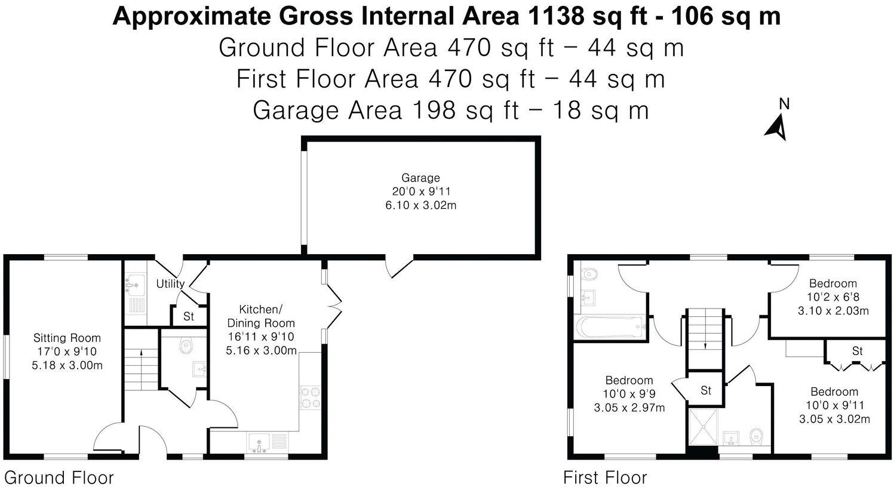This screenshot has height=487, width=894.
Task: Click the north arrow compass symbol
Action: (778, 126)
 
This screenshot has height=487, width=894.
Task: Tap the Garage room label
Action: (420, 178)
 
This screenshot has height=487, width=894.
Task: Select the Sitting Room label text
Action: (67, 338)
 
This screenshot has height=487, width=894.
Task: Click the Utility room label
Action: (170, 284)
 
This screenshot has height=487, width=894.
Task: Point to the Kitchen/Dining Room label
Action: (260, 316)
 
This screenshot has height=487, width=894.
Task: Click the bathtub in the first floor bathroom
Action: (610, 326)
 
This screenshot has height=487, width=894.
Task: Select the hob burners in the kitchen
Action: (309, 397)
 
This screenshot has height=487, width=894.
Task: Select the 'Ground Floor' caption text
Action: (59, 478)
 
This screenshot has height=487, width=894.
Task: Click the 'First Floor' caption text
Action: (605, 478)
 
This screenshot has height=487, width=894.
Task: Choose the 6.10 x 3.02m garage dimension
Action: (421, 205)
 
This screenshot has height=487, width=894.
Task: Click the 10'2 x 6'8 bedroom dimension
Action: (833, 297)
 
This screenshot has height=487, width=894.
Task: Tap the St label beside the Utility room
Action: (189, 316)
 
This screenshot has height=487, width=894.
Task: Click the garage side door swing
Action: (399, 267)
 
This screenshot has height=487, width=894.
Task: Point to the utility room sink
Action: (134, 285)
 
